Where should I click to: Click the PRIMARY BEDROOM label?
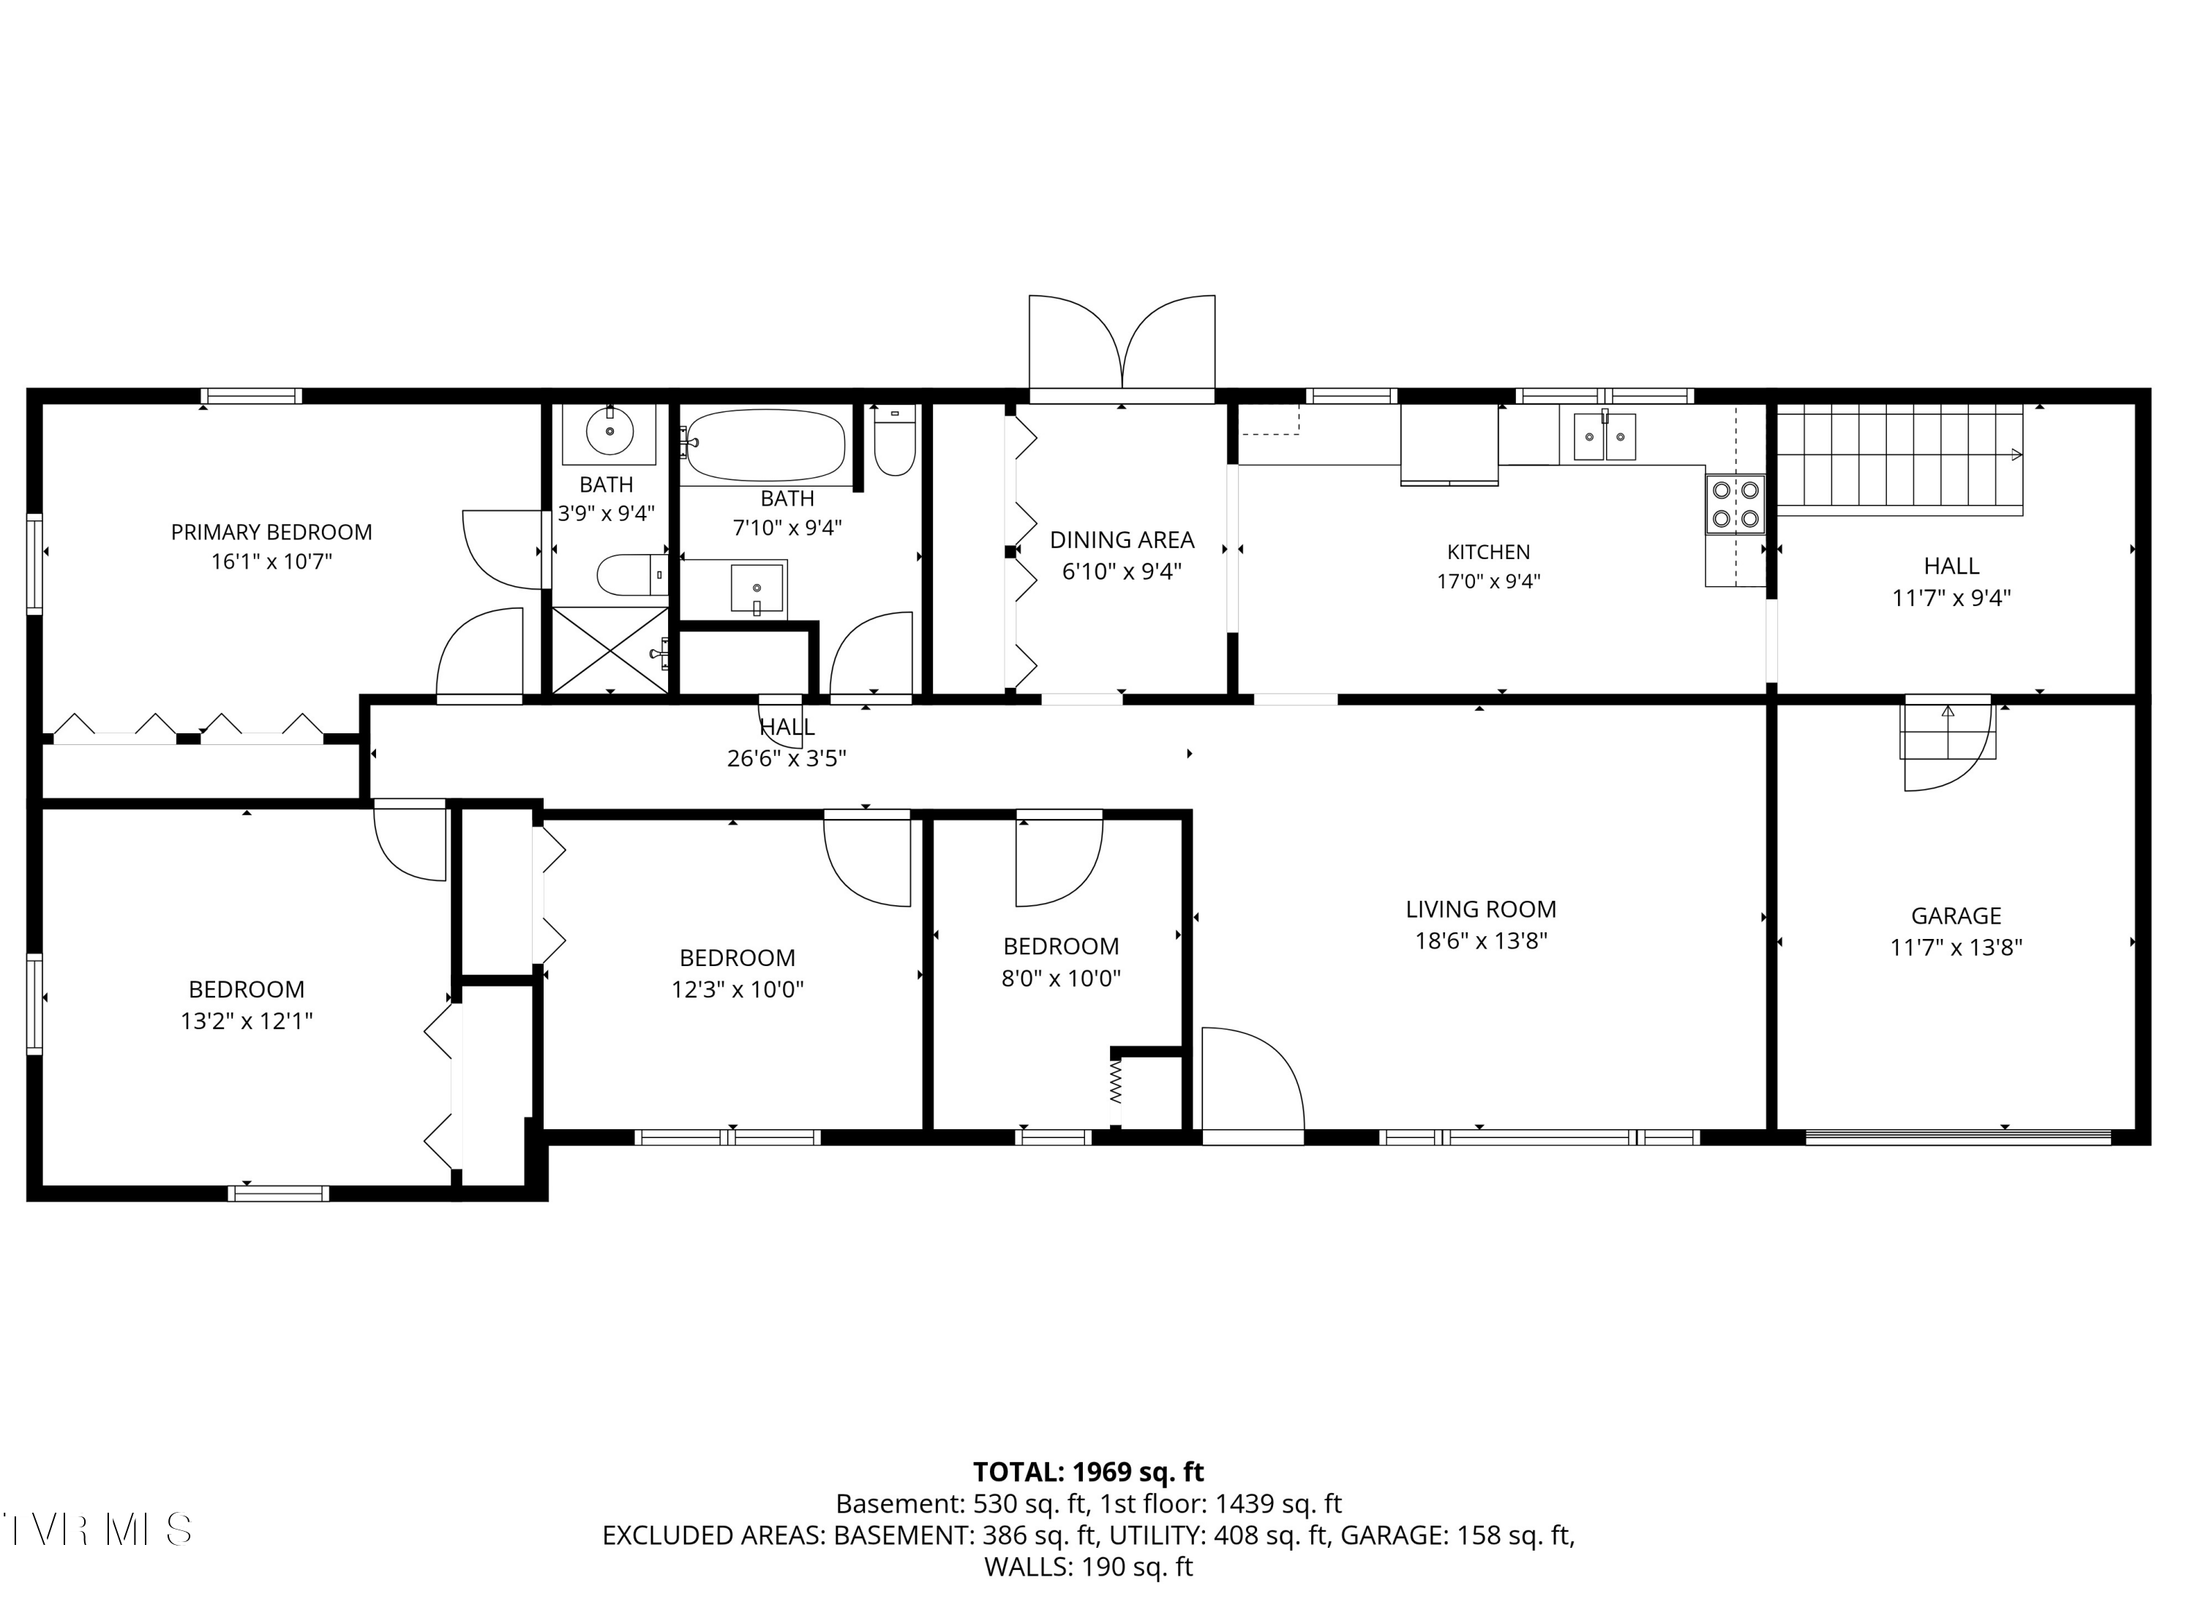[271, 531]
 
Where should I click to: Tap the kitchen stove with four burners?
[1736, 504]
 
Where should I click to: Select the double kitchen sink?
[1605, 436]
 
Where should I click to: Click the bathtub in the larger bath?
[765, 445]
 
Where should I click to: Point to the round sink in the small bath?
[609, 430]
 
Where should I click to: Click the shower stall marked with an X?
[611, 650]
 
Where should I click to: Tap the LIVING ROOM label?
[1480, 910]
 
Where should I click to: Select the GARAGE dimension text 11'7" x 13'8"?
[1956, 948]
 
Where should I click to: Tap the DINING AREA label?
[1122, 540]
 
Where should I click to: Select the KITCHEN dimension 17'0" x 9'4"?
[1488, 582]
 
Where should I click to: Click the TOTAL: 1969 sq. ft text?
[1088, 1472]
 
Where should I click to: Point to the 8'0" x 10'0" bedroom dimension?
[1061, 978]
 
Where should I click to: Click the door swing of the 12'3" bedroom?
[868, 863]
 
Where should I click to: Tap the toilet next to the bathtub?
[894, 441]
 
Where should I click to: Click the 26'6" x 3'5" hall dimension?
[787, 758]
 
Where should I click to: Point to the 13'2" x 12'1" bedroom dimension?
[247, 1021]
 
